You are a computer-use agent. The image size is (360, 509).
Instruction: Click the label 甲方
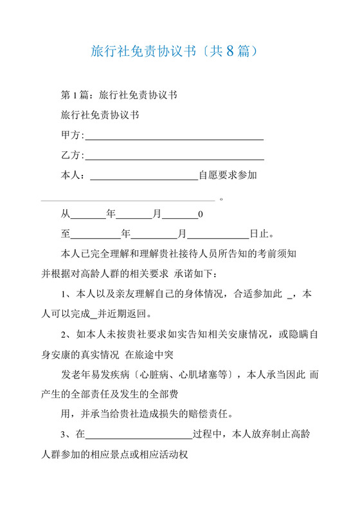(71, 136)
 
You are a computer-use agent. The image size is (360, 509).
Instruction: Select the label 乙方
(71, 156)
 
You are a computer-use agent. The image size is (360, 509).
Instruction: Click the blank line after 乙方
(174, 158)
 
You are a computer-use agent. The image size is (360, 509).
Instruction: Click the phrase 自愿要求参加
(228, 175)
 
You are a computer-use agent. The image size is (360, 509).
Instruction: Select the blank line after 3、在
(139, 437)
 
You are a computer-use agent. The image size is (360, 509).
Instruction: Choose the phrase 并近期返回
(126, 315)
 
